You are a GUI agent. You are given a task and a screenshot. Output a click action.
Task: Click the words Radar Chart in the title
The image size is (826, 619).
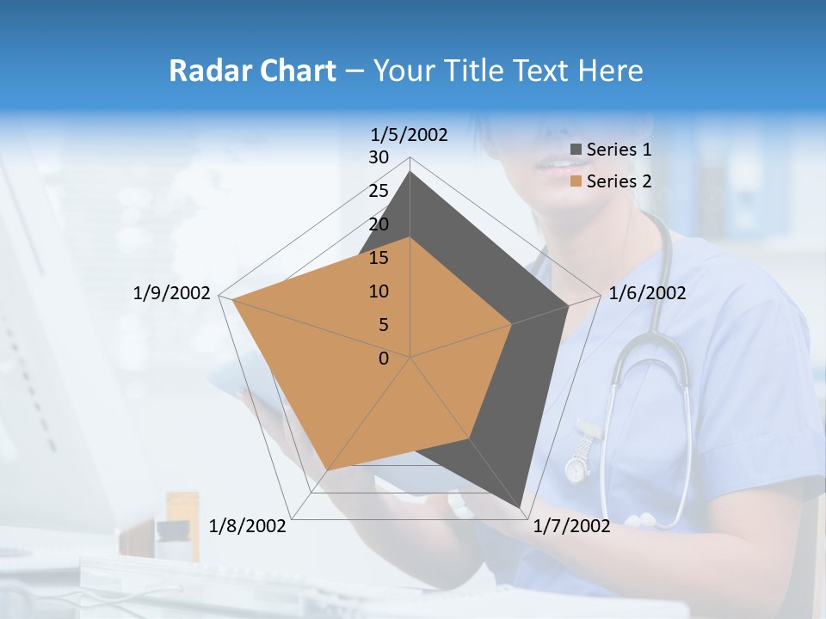[x=252, y=70]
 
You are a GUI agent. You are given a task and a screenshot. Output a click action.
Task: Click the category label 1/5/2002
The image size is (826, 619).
[x=410, y=135]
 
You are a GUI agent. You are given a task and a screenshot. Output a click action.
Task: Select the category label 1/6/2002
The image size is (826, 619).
[x=647, y=293]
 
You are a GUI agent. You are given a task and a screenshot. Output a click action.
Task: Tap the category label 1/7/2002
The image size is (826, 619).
[x=571, y=525]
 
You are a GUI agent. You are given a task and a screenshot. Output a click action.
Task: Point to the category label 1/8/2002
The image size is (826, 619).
[x=248, y=525]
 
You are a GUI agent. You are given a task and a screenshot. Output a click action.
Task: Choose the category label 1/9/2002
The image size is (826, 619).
[x=172, y=293]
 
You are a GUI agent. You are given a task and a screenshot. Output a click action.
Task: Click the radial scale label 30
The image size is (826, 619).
[x=379, y=157]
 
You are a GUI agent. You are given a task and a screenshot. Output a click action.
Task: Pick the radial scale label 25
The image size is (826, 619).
[x=379, y=191]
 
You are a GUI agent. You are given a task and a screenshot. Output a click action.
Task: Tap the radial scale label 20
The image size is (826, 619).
[x=379, y=224]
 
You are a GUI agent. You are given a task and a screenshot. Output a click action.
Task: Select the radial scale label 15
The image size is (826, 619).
[x=379, y=258]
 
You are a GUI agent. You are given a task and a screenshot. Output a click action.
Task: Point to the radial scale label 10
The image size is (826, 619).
[x=379, y=291]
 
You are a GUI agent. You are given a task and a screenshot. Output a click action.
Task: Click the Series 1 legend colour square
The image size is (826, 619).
[x=576, y=150]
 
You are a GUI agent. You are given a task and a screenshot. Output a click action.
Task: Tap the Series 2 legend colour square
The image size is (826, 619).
[x=576, y=181]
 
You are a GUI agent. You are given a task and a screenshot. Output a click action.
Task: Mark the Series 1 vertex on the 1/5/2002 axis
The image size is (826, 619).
[x=410, y=171]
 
